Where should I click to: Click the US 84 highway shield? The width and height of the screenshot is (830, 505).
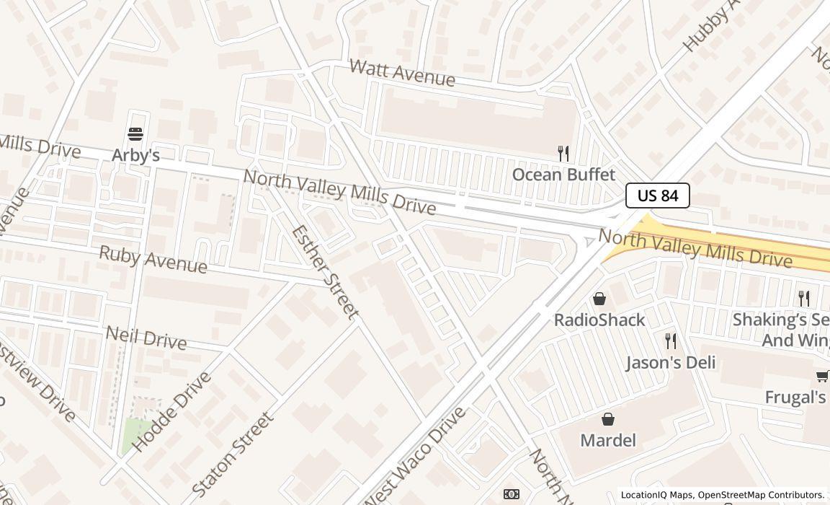657,196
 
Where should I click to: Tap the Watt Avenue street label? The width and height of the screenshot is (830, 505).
402,73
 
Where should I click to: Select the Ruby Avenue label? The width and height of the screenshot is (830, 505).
153,259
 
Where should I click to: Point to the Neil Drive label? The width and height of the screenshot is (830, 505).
146,337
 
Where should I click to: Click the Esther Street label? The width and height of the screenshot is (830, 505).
325,272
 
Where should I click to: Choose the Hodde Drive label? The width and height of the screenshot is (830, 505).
172,411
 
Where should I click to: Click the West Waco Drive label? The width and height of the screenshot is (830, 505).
414,459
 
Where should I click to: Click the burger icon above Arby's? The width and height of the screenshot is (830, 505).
135,133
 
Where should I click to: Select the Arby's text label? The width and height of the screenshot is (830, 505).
135,155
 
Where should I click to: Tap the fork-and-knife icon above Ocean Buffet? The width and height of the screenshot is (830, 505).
563,153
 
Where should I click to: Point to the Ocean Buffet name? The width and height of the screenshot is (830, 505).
563,175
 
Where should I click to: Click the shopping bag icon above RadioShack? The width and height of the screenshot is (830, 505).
599,299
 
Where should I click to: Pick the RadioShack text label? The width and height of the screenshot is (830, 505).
599,320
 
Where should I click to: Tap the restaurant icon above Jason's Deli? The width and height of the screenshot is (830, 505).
671,341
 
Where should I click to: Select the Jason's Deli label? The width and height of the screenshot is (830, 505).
671,362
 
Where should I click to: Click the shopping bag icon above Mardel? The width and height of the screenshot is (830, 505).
608,419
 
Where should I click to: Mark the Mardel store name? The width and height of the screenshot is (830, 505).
608,440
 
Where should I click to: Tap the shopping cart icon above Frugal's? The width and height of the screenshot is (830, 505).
822,375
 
